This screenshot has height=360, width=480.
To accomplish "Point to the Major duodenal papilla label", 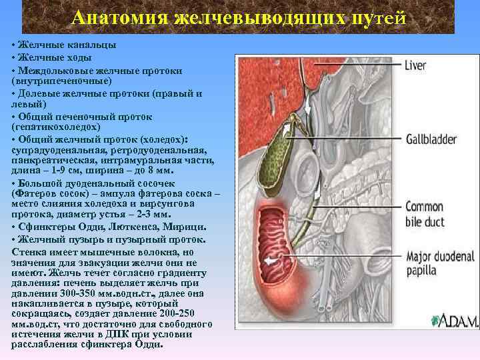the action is (439, 263).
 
